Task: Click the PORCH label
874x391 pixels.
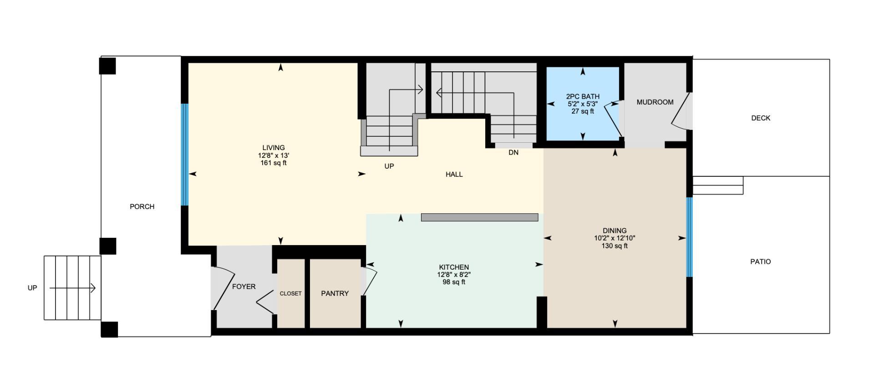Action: click(x=142, y=206)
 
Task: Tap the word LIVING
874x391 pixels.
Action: click(x=274, y=148)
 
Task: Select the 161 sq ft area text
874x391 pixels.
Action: click(x=274, y=163)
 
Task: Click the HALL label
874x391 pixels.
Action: click(x=454, y=174)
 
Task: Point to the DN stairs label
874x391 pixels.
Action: click(x=513, y=153)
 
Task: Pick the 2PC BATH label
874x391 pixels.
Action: click(x=583, y=96)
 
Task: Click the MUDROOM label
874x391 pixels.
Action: click(x=655, y=102)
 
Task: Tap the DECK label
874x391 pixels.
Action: click(x=761, y=118)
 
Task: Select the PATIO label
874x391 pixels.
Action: click(x=761, y=262)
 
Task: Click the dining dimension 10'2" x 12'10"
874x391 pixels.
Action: click(x=615, y=238)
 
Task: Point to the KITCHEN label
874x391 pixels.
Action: click(x=454, y=267)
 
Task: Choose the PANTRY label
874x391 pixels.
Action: click(x=335, y=294)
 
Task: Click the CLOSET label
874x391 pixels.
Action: click(x=290, y=294)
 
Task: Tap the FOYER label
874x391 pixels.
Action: click(x=244, y=287)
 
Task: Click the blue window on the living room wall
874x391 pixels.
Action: click(x=184, y=155)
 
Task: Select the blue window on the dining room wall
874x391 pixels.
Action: click(x=689, y=237)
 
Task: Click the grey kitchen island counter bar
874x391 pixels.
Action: click(x=479, y=218)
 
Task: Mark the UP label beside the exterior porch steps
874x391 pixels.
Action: click(x=32, y=288)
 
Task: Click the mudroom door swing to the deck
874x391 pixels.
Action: click(x=681, y=111)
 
